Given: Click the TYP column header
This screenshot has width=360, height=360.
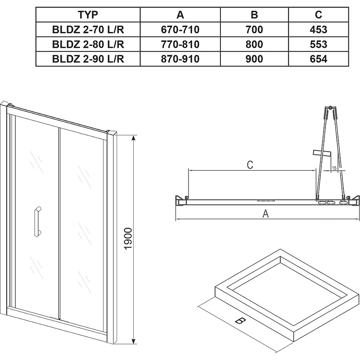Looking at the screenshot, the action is point(88,15).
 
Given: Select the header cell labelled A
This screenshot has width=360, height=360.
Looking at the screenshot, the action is point(180,15).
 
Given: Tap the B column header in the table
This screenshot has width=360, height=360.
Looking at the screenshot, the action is point(254,15).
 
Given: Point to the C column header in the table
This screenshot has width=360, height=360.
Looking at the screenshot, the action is point(319,15).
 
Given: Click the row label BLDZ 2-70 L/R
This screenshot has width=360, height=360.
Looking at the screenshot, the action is point(88,30).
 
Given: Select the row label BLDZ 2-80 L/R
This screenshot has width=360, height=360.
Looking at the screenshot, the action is point(88,44).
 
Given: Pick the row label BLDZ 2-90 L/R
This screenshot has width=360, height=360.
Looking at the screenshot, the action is point(88,59).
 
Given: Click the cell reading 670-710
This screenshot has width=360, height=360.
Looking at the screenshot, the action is point(180,30).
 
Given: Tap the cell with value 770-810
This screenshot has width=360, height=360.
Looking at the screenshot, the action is point(180,44).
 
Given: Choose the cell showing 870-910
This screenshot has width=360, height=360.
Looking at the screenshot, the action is point(180,59).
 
